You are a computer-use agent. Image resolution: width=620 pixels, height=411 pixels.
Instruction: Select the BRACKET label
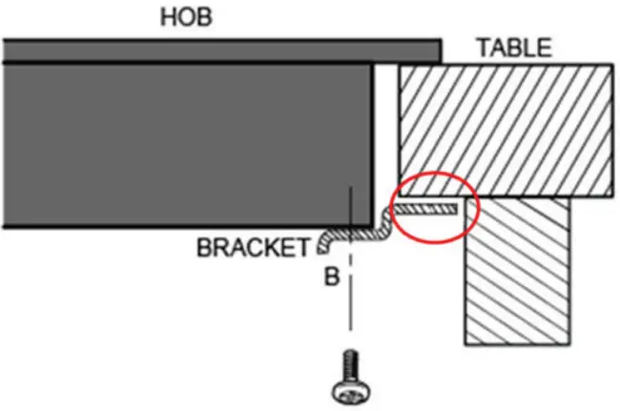coord(252,248)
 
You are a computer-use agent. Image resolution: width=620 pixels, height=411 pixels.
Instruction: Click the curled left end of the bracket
coord(322,246)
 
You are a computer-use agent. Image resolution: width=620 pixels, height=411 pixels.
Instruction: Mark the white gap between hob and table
coord(384,124)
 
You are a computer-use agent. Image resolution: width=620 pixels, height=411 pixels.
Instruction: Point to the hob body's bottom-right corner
coord(371,227)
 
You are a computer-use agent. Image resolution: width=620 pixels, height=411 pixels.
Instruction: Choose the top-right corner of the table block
coord(610,65)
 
